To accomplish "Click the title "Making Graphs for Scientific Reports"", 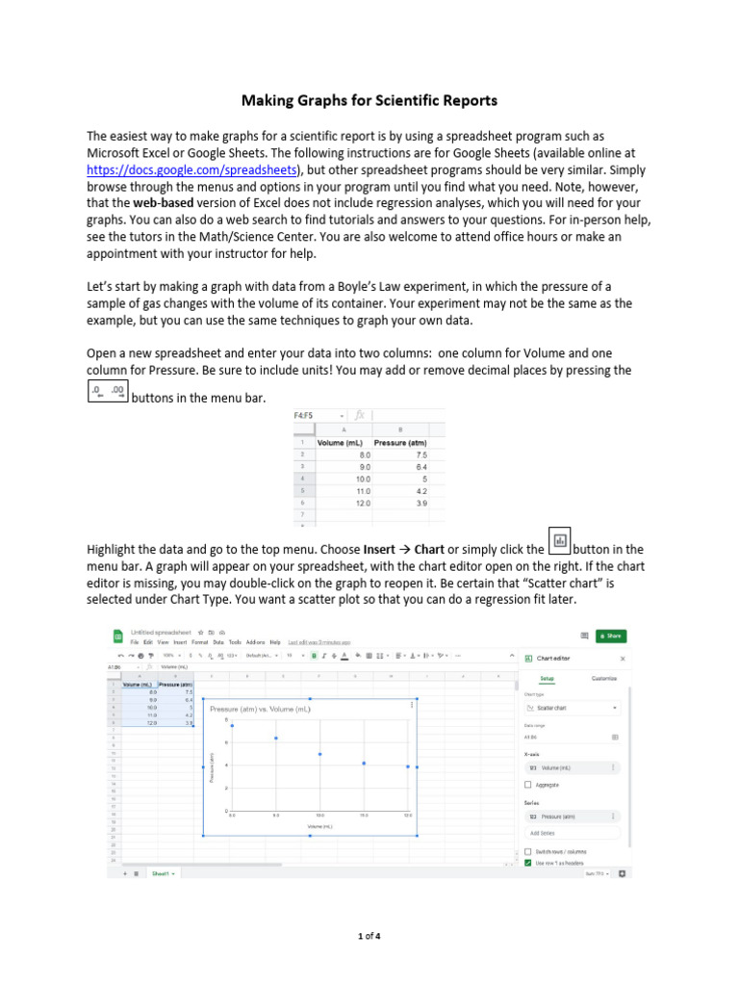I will (369, 99).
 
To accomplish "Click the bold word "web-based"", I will (166, 204).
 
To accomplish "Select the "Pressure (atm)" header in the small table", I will (400, 443).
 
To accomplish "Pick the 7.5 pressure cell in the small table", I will (421, 454).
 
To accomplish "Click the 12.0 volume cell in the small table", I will (363, 503).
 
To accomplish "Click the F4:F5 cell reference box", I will (306, 415).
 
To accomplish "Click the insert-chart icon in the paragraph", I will (559, 540).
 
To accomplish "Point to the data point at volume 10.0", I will (320, 754).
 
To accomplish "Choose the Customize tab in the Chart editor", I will (604, 678).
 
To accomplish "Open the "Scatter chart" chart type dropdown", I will (572, 708).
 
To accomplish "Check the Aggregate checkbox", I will (528, 785).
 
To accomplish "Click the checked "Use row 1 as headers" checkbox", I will (528, 864).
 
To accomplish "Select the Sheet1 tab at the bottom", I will (160, 873).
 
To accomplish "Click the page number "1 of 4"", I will (369, 935).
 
